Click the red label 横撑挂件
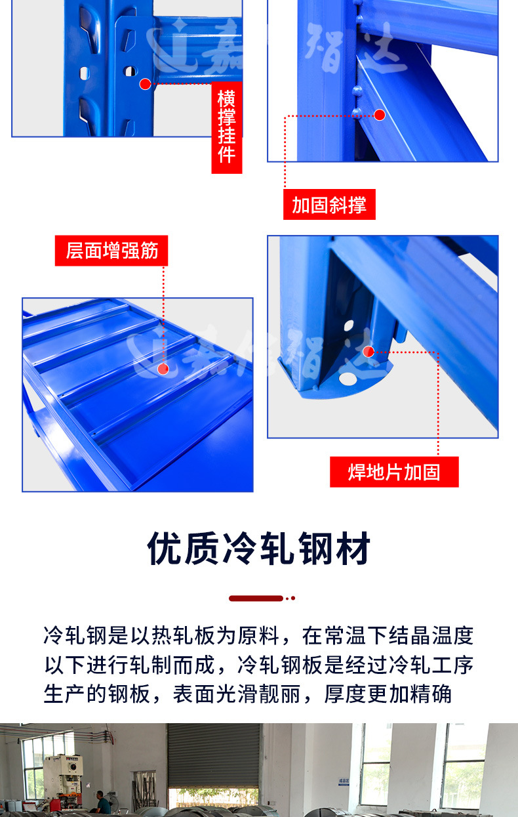227,127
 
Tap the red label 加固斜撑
329,205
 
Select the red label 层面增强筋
111,250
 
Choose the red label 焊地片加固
393,472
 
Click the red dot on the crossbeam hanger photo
145,83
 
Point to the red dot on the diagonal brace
380,115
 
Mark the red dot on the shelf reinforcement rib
163,369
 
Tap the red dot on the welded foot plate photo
369,352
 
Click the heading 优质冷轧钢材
259,549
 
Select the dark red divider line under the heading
256,598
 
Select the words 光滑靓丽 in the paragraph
257,694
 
